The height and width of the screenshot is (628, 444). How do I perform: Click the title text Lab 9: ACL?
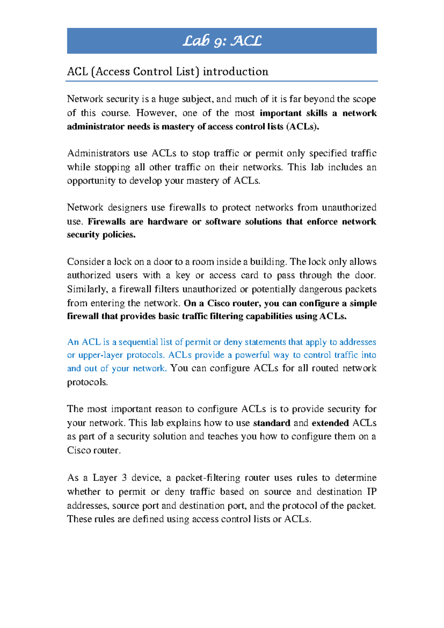click(x=222, y=41)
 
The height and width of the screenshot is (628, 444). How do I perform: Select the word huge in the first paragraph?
click(x=168, y=99)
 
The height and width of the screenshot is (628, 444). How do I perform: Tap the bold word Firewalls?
click(x=107, y=221)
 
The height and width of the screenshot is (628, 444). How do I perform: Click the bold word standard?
click(x=272, y=423)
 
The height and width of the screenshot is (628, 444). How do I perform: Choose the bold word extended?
click(x=330, y=423)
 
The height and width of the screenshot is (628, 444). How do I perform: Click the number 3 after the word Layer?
click(x=124, y=478)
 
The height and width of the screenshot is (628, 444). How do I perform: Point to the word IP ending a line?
click(x=371, y=492)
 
